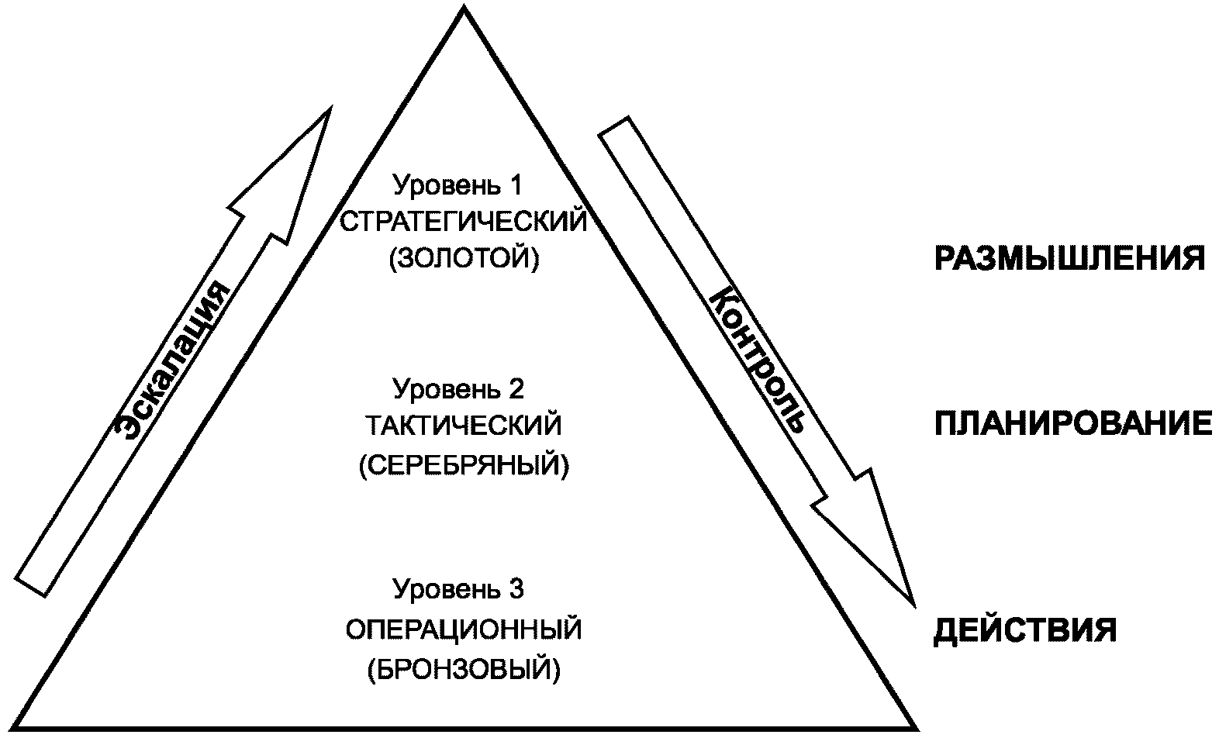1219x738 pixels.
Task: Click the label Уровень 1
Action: point(458,186)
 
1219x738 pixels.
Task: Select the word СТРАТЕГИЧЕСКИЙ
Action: point(464,222)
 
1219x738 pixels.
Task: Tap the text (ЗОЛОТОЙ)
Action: point(464,258)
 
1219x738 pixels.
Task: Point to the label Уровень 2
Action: point(458,388)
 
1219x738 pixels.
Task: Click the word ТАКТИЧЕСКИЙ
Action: point(464,426)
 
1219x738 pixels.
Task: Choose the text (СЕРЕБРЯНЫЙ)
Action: point(464,465)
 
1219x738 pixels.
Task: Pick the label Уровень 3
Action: point(458,590)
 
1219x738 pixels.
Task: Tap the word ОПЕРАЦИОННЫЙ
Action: point(464,629)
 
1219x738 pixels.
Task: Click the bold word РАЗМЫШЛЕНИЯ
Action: point(1069,259)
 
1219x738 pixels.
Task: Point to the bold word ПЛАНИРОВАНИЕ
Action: point(1072,425)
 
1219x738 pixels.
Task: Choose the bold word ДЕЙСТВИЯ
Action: point(1024,630)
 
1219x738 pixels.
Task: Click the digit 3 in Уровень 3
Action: point(517,590)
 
